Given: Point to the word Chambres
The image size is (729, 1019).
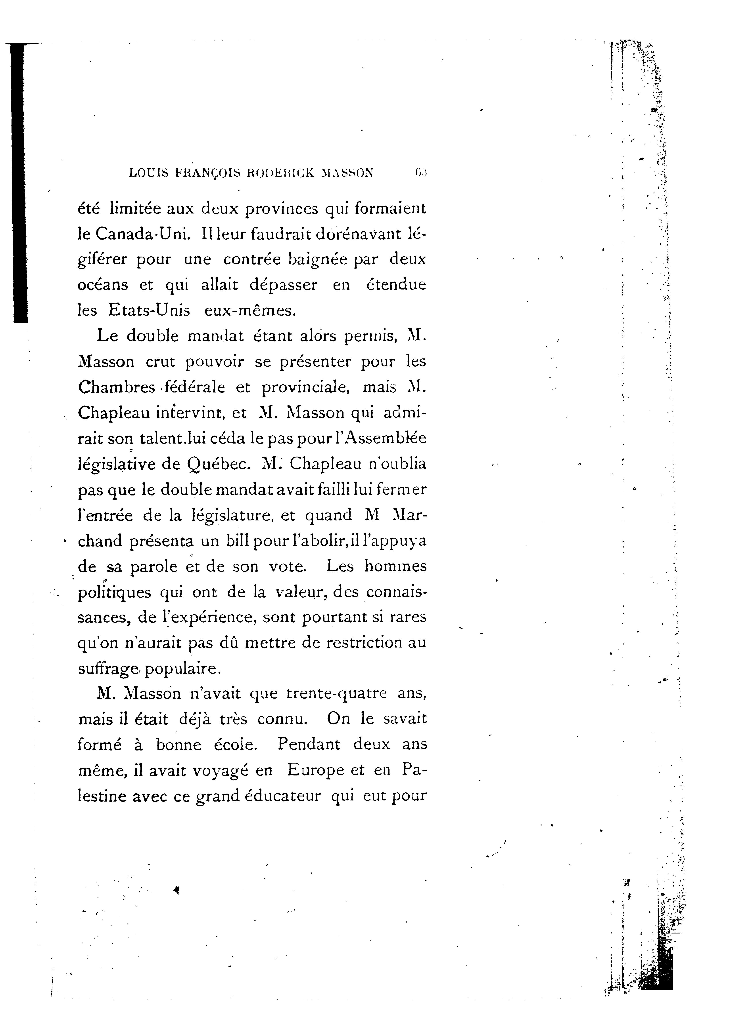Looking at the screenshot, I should tap(116, 387).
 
